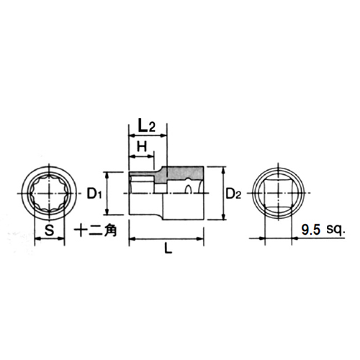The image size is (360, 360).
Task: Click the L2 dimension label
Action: [x=147, y=127]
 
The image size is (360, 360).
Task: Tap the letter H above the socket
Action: [x=142, y=146]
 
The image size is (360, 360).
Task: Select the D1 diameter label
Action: [x=94, y=194]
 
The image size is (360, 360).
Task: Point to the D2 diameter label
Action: [x=233, y=194]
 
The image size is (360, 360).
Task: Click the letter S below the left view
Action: [x=50, y=230]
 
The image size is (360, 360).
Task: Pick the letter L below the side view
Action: [x=168, y=248]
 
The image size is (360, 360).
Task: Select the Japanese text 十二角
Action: [x=95, y=230]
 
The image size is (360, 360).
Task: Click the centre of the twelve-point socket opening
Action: [x=49, y=193]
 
